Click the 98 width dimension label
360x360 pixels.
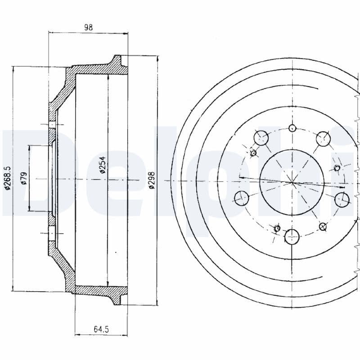point(88,27)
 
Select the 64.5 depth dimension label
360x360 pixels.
point(101,329)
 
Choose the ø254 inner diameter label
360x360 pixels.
point(102,166)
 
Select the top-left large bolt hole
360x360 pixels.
point(261,137)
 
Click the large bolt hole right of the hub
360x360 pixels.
point(342,199)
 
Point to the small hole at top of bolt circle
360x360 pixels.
point(292,127)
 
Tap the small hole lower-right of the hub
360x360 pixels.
point(323,226)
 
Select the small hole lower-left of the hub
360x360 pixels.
point(277,228)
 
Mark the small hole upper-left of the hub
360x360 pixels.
point(253,153)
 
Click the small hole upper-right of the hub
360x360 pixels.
point(337,168)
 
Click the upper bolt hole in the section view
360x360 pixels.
point(52,125)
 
